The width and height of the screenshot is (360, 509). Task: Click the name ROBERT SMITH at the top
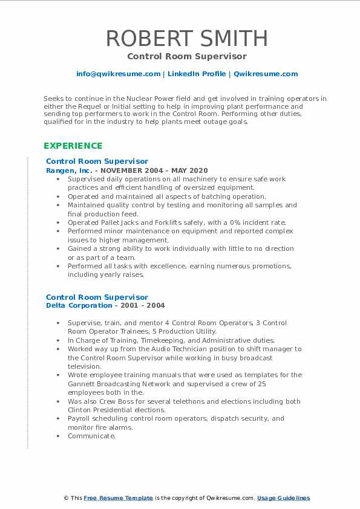(x=186, y=38)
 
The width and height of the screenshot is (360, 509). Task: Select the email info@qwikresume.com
(x=118, y=74)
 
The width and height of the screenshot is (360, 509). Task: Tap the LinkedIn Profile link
(x=197, y=74)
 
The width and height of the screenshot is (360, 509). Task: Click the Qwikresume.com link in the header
(x=266, y=74)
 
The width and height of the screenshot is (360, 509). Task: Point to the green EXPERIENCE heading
(x=73, y=146)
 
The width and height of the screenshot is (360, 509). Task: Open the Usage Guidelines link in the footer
(x=283, y=498)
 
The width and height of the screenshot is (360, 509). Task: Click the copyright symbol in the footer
(x=66, y=498)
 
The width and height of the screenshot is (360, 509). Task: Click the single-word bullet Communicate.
(x=91, y=436)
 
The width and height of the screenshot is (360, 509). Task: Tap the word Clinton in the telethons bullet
(x=82, y=410)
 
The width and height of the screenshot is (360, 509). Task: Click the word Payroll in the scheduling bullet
(x=80, y=418)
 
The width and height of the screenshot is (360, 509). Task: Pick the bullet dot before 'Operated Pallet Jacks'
(x=57, y=222)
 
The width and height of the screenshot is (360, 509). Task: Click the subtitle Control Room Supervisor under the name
(x=186, y=56)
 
